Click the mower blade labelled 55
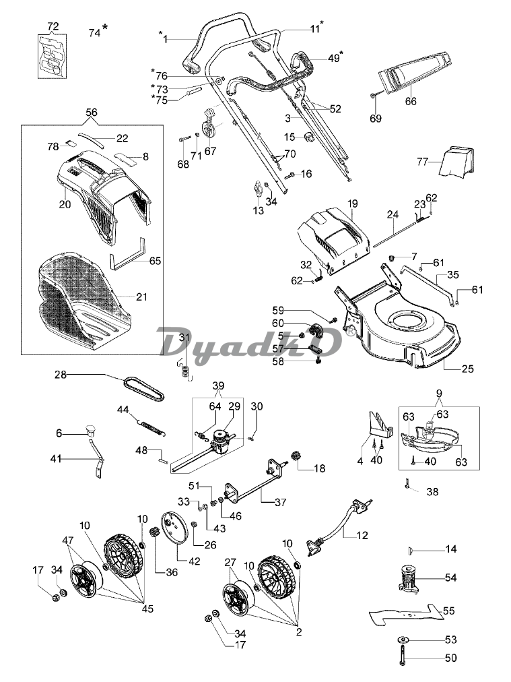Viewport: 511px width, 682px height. click(406, 615)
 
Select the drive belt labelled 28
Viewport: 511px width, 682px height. click(144, 390)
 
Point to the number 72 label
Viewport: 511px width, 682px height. click(53, 26)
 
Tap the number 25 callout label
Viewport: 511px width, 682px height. click(467, 369)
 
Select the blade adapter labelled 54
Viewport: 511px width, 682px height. click(408, 578)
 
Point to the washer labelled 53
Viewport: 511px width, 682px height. click(404, 640)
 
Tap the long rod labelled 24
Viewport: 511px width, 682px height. click(395, 231)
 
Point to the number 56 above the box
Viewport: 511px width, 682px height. click(92, 113)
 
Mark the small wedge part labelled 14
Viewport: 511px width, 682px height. click(410, 551)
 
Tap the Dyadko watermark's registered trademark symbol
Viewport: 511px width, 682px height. click(350, 331)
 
